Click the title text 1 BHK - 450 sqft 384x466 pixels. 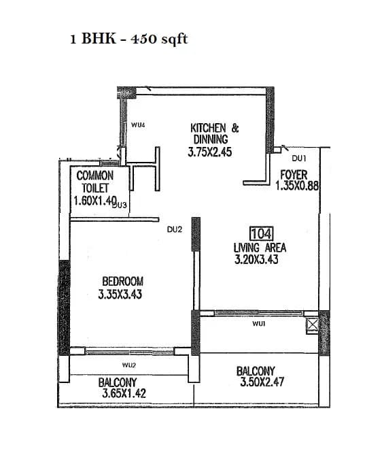[x=128, y=39]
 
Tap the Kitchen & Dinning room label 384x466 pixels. [x=214, y=133]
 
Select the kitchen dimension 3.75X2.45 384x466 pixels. [x=210, y=153]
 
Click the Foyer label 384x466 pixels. [x=294, y=175]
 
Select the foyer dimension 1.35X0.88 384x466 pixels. [x=298, y=185]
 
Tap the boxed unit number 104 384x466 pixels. [x=262, y=235]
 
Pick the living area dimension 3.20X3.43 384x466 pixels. [x=256, y=259]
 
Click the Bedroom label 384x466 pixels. [x=122, y=281]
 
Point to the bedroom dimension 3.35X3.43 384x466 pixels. [x=120, y=294]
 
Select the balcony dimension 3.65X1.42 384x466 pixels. [x=124, y=393]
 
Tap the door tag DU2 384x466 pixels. [x=175, y=229]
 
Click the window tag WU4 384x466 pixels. [x=139, y=125]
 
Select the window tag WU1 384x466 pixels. [x=258, y=324]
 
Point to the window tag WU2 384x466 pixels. [x=129, y=365]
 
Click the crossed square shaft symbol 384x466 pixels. [x=311, y=324]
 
